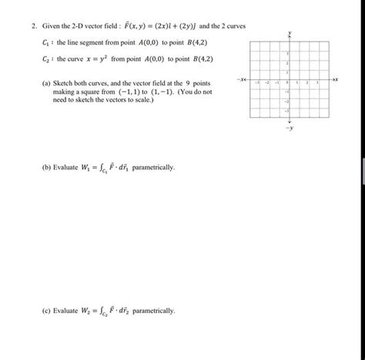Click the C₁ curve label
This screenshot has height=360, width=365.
45,44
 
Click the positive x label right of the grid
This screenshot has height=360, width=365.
335,79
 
